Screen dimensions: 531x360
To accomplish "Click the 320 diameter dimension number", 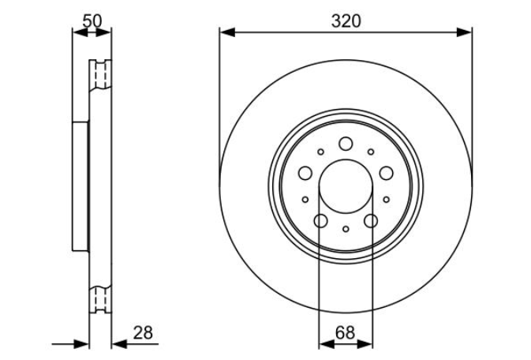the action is tap(346, 21).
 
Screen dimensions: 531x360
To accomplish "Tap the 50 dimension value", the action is tap(92, 21).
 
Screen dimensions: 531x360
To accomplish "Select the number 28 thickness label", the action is tap(143, 332).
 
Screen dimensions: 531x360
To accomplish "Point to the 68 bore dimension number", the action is tap(345, 332).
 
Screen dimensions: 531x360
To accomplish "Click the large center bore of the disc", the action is tap(346, 186).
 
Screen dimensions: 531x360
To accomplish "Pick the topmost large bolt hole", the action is tap(346, 144).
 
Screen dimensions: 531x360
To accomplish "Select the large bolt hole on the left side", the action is tap(305, 173).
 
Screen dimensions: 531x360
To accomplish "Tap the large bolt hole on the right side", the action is tap(386, 173).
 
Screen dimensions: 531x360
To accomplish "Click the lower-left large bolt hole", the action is tap(320, 221).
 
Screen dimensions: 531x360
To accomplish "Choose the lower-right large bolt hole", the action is tap(371, 221).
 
